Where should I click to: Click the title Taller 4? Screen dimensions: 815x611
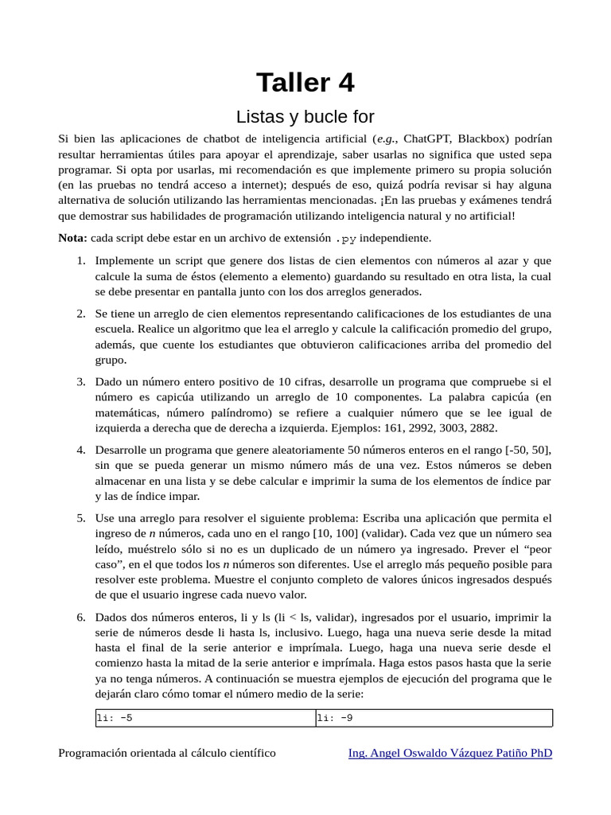(305, 82)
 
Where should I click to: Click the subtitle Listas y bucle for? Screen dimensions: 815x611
(305, 117)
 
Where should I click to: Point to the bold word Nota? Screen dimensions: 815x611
(73, 238)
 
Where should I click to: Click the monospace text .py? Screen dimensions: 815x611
(345, 239)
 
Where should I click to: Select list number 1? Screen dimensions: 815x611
(81, 261)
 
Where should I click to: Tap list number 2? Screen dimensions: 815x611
(81, 314)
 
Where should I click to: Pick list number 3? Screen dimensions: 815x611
(81, 382)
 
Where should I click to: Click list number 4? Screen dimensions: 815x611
(81, 450)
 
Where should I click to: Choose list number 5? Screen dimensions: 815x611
(81, 519)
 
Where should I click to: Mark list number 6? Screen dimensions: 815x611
(81, 618)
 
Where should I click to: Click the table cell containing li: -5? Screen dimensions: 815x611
(205, 718)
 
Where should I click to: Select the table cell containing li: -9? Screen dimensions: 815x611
(434, 718)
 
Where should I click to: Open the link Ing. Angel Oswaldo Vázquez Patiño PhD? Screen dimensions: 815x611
(450, 753)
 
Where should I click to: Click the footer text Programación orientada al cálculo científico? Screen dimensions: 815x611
(167, 753)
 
